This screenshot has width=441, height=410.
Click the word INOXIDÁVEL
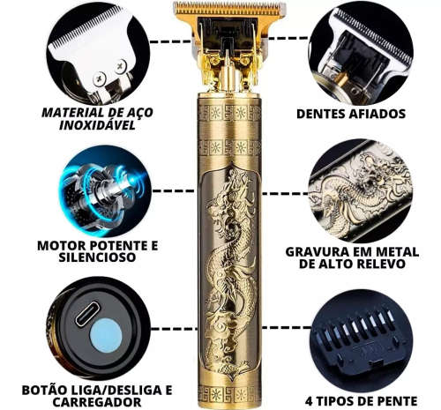pyautogui.click(x=97, y=125)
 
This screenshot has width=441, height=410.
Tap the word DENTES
pyautogui.click(x=321, y=114)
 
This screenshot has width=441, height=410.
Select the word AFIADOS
pyautogui.click(x=377, y=114)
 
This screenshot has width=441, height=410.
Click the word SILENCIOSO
pyautogui.click(x=97, y=257)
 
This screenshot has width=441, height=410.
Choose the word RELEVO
pyautogui.click(x=381, y=264)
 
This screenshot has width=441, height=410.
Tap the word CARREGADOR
pyautogui.click(x=97, y=402)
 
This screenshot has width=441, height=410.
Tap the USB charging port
pyautogui.click(x=87, y=314)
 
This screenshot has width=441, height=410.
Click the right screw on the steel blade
pyautogui.click(x=121, y=67)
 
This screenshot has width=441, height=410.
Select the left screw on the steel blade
pyautogui.click(x=100, y=78)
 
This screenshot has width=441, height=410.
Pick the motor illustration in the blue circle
pyautogui.click(x=104, y=192)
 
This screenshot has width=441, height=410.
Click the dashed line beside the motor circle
pyautogui.click(x=174, y=191)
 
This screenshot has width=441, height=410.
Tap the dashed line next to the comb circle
pyautogui.click(x=286, y=327)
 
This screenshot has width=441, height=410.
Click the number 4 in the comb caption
pyautogui.click(x=309, y=401)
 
